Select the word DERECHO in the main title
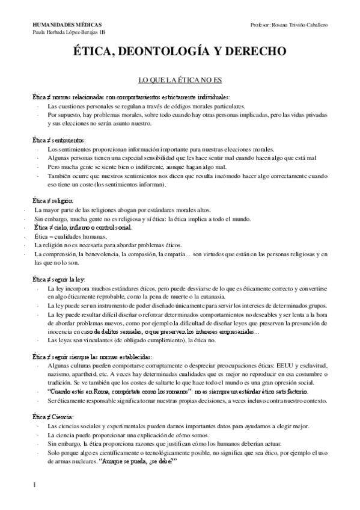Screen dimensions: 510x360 253,53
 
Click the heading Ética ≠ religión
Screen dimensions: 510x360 53,201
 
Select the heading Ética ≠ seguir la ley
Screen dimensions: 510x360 58,280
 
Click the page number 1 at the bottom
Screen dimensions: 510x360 35,485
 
